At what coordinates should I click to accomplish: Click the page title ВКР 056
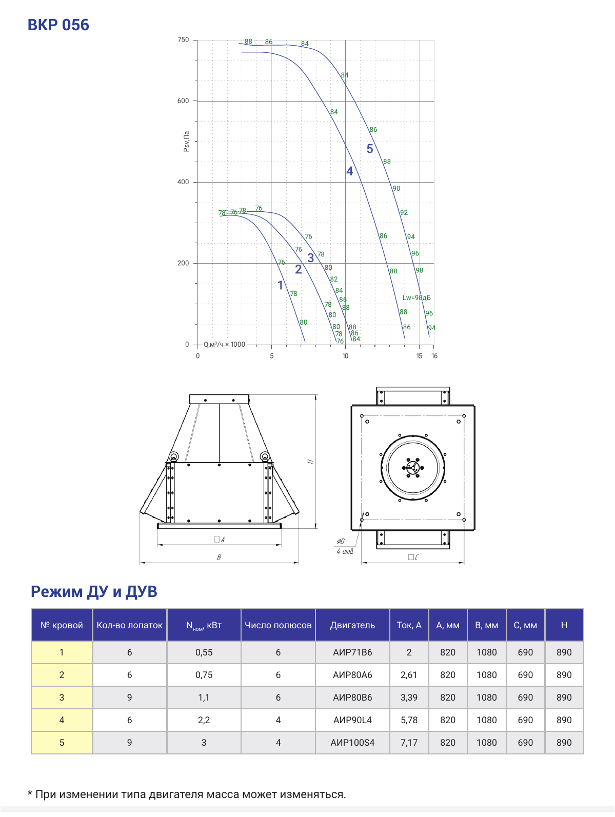[58, 25]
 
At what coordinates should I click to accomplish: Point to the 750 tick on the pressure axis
[183, 39]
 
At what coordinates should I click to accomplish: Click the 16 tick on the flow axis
[434, 356]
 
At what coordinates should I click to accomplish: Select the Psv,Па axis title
[186, 142]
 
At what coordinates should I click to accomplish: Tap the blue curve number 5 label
[370, 149]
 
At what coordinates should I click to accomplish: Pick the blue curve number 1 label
[281, 285]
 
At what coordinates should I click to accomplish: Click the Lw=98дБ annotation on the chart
[416, 298]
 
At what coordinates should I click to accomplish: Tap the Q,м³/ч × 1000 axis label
[224, 344]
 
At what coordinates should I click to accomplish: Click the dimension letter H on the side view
[310, 462]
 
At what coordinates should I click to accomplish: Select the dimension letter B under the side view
[219, 557]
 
